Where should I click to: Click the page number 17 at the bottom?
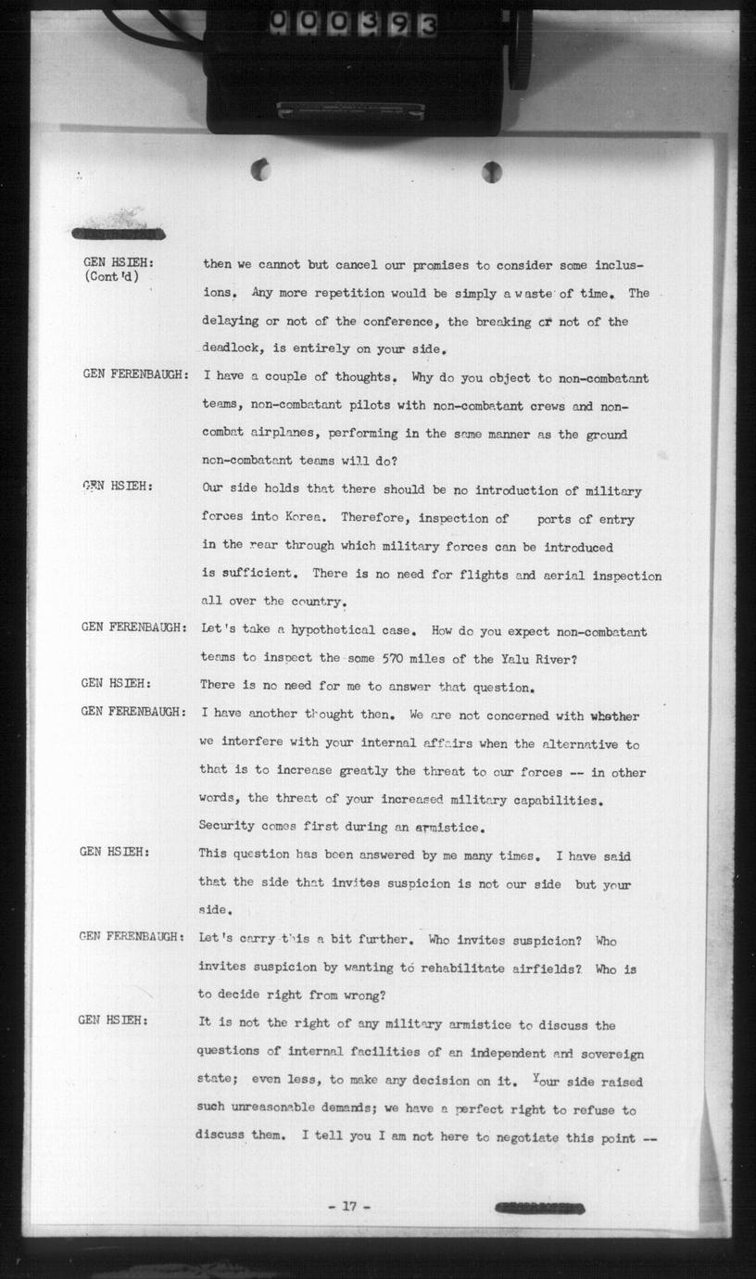(x=348, y=1206)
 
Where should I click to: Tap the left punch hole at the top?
(x=261, y=170)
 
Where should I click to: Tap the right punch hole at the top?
(x=492, y=171)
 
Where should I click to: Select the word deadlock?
(x=233, y=350)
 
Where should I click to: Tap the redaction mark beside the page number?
(x=540, y=1208)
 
